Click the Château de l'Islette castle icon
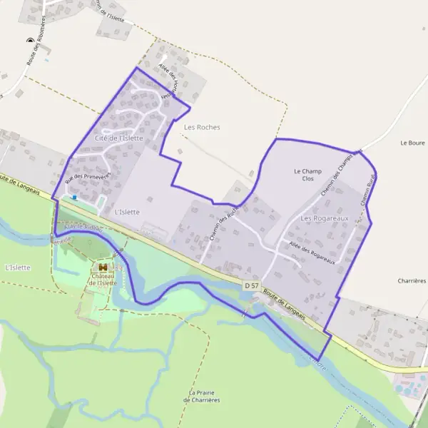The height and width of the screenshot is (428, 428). coord(103,267)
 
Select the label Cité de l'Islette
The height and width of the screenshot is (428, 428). coord(119,137)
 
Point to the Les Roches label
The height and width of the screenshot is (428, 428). coord(202,127)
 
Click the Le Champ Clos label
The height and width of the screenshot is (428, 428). coord(307,175)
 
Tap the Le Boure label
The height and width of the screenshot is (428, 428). coord(412,143)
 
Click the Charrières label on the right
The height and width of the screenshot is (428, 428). coord(412,280)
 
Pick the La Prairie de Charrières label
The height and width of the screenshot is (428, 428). coord(203,396)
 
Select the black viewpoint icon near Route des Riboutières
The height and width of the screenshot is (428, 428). coord(30,41)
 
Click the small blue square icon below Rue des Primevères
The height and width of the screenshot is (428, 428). coord(75,198)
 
